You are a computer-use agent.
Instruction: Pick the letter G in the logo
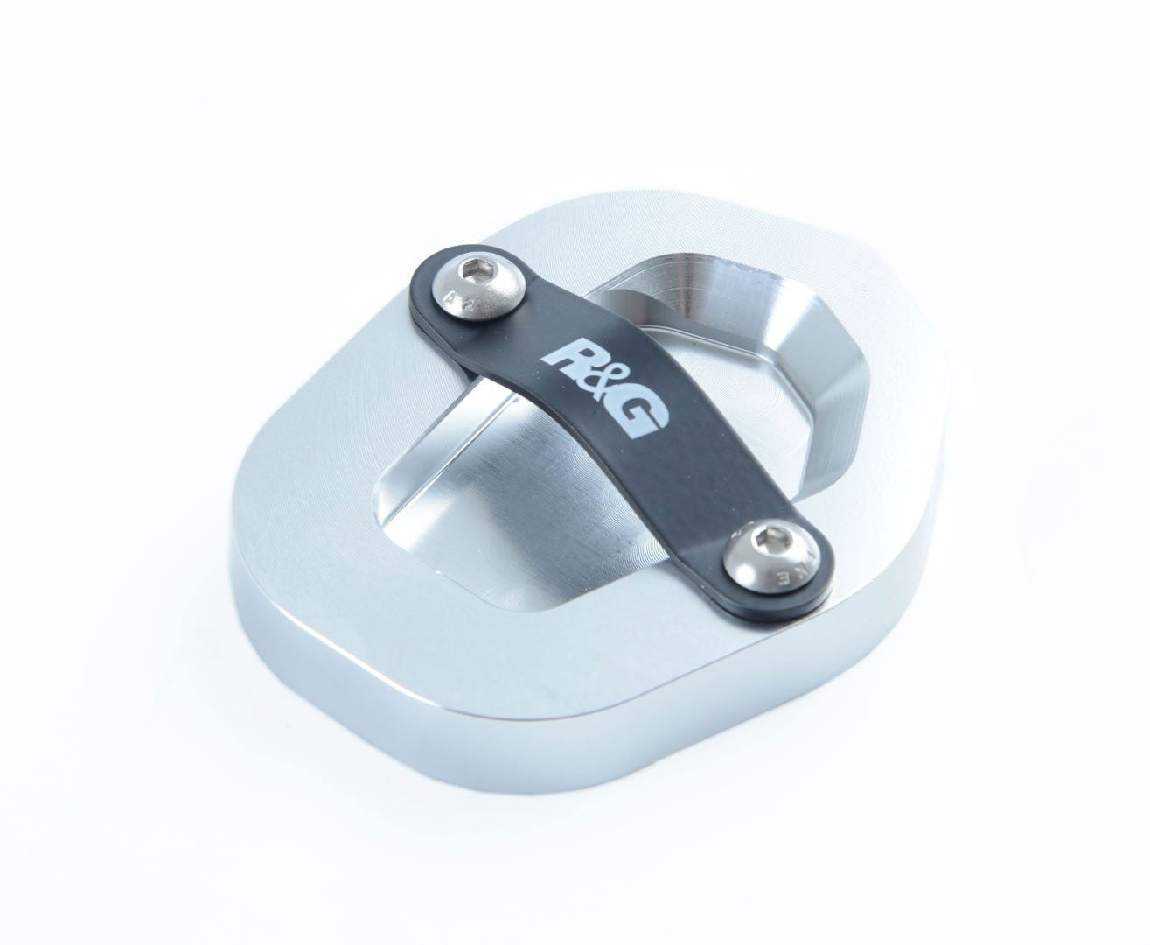[640, 414]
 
